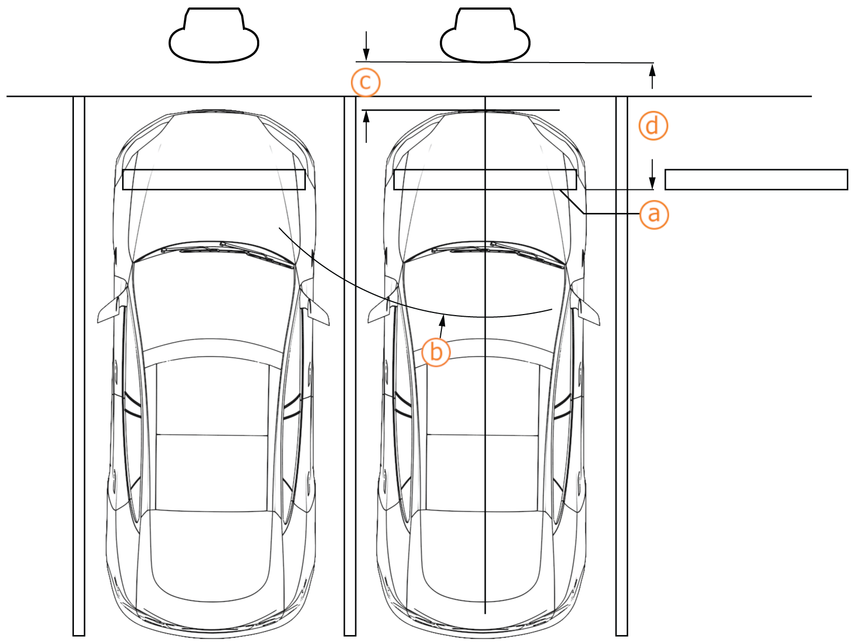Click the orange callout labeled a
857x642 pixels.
[x=653, y=215]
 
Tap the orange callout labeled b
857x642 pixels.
[x=436, y=352]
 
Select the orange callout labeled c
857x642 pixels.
[x=365, y=82]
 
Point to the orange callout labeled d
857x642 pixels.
[x=653, y=126]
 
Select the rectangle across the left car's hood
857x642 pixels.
[x=214, y=180]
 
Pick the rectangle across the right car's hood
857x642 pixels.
[x=485, y=180]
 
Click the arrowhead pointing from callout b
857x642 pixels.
[x=443, y=320]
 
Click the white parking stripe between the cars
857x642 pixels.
[x=350, y=364]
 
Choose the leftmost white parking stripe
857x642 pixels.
[x=79, y=364]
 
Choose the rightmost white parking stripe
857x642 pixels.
[x=621, y=364]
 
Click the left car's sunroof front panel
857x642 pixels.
[x=212, y=399]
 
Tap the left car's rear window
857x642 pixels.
[x=212, y=556]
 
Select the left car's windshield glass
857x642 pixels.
[x=213, y=300]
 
